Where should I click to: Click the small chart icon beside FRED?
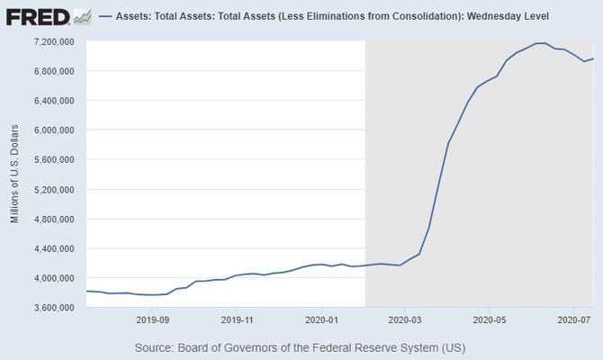(x=82, y=16)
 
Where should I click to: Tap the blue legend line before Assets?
(x=104, y=17)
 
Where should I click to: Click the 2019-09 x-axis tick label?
(x=152, y=319)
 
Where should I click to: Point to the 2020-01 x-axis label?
(x=321, y=319)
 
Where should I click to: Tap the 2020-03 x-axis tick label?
(x=404, y=319)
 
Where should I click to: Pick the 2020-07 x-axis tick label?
(x=573, y=319)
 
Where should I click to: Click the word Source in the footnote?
(x=156, y=347)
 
